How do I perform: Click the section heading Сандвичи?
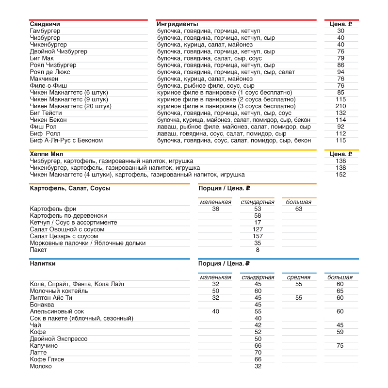pyautogui.click(x=45, y=24)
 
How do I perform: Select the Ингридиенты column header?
pyautogui.click(x=178, y=24)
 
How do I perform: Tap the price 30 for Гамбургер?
pyautogui.click(x=341, y=31)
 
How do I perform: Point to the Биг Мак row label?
pyautogui.click(x=42, y=58)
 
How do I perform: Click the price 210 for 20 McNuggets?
pyautogui.click(x=341, y=106)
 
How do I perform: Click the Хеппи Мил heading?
pyautogui.click(x=47, y=154)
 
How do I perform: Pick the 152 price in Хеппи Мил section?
pyautogui.click(x=341, y=175)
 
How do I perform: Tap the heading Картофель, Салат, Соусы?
pyautogui.click(x=70, y=188)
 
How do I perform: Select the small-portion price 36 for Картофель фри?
pyautogui.click(x=216, y=209)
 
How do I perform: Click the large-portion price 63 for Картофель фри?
pyautogui.click(x=299, y=209)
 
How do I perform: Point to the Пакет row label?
pyautogui.click(x=39, y=250)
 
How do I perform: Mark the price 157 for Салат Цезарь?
pyautogui.click(x=258, y=236)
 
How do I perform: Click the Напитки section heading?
pyautogui.click(x=43, y=263)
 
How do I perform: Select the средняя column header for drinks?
pyautogui.click(x=299, y=277)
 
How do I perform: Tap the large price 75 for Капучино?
pyautogui.click(x=340, y=346)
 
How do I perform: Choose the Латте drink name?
pyautogui.click(x=38, y=353)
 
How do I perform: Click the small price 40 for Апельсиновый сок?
pyautogui.click(x=216, y=311)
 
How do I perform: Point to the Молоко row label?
pyautogui.click(x=41, y=366)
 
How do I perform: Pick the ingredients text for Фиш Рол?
pyautogui.click(x=234, y=127)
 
